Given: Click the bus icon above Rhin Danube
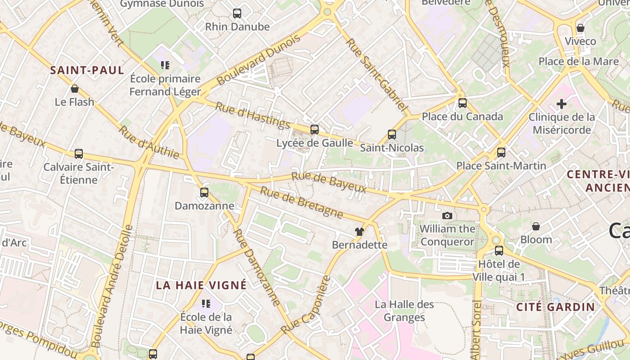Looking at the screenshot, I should (237, 13).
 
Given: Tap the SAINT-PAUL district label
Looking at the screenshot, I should (87, 70).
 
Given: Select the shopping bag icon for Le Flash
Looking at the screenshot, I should (75, 89).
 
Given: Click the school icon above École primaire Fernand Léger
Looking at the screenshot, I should (165, 66).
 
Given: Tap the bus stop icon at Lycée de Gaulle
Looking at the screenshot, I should (315, 130).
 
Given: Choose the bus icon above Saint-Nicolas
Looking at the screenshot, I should (392, 134).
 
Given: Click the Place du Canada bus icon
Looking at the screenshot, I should (462, 103).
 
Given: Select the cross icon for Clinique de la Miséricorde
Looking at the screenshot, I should (561, 104).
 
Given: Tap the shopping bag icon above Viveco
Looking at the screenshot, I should (580, 28).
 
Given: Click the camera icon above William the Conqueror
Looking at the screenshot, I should (447, 216).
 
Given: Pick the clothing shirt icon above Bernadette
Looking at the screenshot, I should (359, 232).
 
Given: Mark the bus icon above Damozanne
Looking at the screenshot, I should (204, 193).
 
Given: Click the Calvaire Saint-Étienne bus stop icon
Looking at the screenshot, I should (79, 154).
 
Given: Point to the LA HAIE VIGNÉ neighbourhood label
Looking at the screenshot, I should (201, 285).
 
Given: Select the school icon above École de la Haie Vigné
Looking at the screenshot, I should (206, 304).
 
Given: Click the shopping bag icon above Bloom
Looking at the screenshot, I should (535, 226).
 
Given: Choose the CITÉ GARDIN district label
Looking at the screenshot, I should (555, 307).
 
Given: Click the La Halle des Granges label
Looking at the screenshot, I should (405, 310).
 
